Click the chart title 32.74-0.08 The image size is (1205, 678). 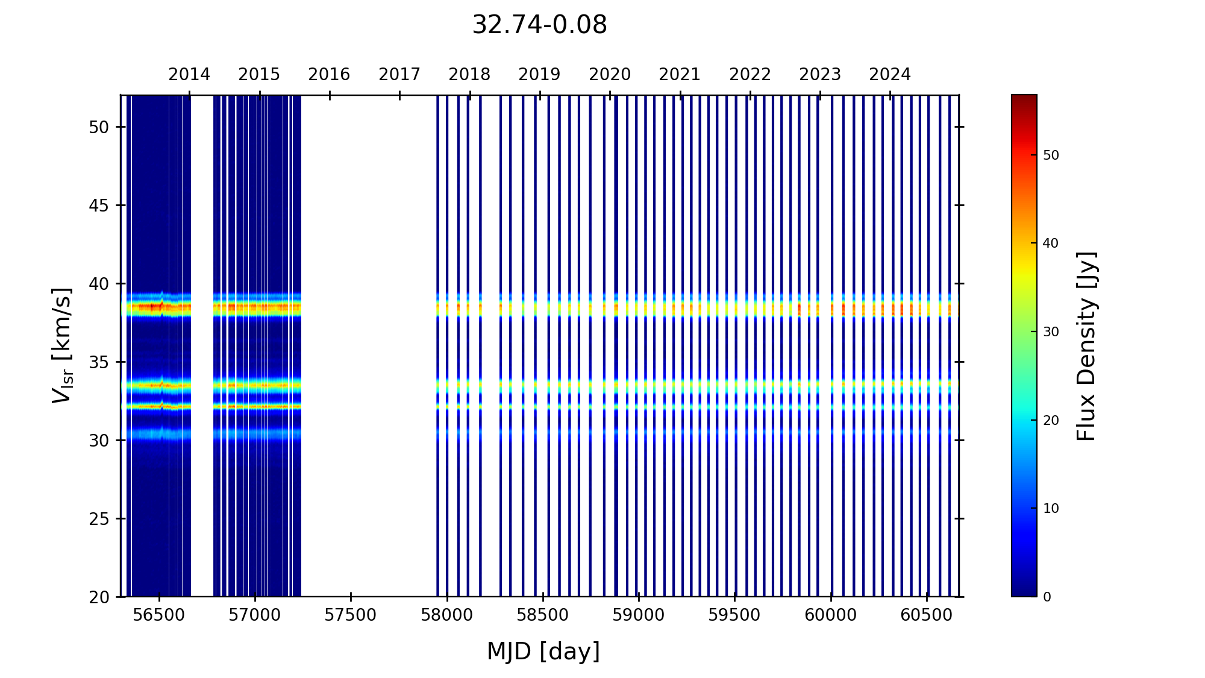coord(539,25)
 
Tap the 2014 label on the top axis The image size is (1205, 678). coord(189,75)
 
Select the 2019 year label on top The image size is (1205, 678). coord(539,75)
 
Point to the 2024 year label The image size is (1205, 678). coord(890,75)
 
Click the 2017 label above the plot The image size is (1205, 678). coord(399,75)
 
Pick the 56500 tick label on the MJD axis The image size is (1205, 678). coord(159,615)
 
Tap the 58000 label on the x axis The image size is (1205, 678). coord(446,615)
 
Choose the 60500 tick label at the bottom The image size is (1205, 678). coord(927,615)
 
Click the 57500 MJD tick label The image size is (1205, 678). coord(351,615)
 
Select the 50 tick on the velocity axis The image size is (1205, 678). coord(99,127)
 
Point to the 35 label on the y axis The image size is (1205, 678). coord(99,362)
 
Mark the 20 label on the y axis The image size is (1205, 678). coord(99,597)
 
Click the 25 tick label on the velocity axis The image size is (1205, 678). coord(99,519)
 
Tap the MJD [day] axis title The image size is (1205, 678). coord(543,652)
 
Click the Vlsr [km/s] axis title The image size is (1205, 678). coord(62,345)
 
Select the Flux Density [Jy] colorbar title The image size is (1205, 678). coord(1086,346)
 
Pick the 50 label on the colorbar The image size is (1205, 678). coord(1051,155)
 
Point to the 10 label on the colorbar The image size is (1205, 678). coord(1051,509)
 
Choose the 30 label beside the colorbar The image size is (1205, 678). coord(1051,332)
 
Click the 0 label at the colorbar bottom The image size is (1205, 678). coord(1047,597)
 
